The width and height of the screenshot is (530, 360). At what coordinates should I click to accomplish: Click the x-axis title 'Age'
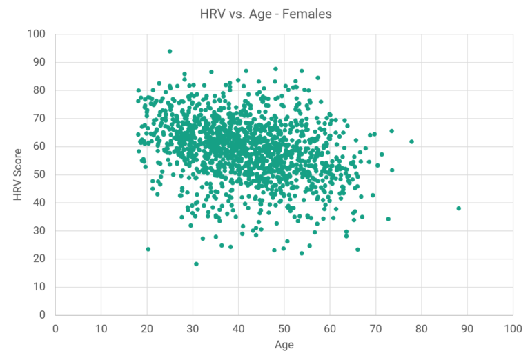[x=284, y=345]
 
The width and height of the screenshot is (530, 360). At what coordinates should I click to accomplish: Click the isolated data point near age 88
[x=458, y=208]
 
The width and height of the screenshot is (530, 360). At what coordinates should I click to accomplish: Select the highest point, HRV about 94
[x=170, y=51]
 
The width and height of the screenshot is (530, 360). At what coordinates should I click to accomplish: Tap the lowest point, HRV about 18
[x=196, y=263]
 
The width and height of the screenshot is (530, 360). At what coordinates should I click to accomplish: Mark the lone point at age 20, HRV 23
[x=148, y=249]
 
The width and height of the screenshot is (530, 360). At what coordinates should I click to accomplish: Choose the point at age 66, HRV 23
[x=357, y=250]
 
